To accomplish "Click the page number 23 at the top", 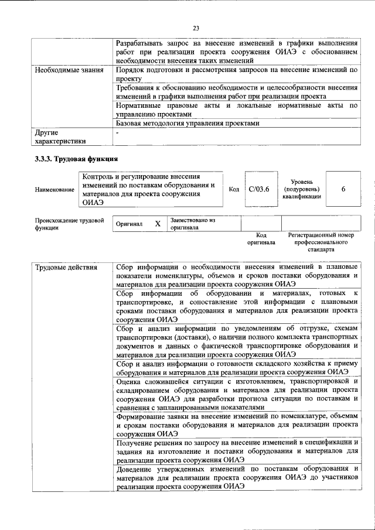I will (x=196, y=28).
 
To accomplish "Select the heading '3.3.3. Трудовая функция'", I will (x=77, y=158).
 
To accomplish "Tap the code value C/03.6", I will (x=259, y=189).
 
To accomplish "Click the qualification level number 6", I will (x=343, y=189).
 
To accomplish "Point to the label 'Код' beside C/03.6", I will (x=234, y=189).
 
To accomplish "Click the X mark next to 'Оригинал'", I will (x=158, y=224).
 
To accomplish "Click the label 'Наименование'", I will (x=54, y=190).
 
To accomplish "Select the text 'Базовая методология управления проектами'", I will (x=187, y=124).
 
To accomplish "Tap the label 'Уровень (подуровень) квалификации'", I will (x=301, y=189).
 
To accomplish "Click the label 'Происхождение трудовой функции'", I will (x=69, y=224).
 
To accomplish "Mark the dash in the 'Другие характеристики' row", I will (x=118, y=133).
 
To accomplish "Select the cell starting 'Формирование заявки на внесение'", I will (x=237, y=425).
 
